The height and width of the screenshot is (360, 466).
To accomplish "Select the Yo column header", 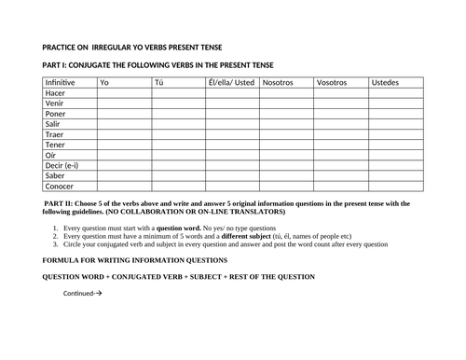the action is pos(105,83).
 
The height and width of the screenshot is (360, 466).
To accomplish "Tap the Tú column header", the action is pos(159,83).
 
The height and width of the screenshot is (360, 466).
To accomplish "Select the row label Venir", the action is pos(55,104).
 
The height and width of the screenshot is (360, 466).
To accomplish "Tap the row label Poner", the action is pos(56,114).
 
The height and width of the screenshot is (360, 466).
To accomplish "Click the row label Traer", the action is pos(55,134).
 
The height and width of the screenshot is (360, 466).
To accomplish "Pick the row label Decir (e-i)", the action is pos(63,165).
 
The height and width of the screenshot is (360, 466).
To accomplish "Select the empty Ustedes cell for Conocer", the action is pos(396,185).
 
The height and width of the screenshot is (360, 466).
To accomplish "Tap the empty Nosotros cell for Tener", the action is pos(286,145).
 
